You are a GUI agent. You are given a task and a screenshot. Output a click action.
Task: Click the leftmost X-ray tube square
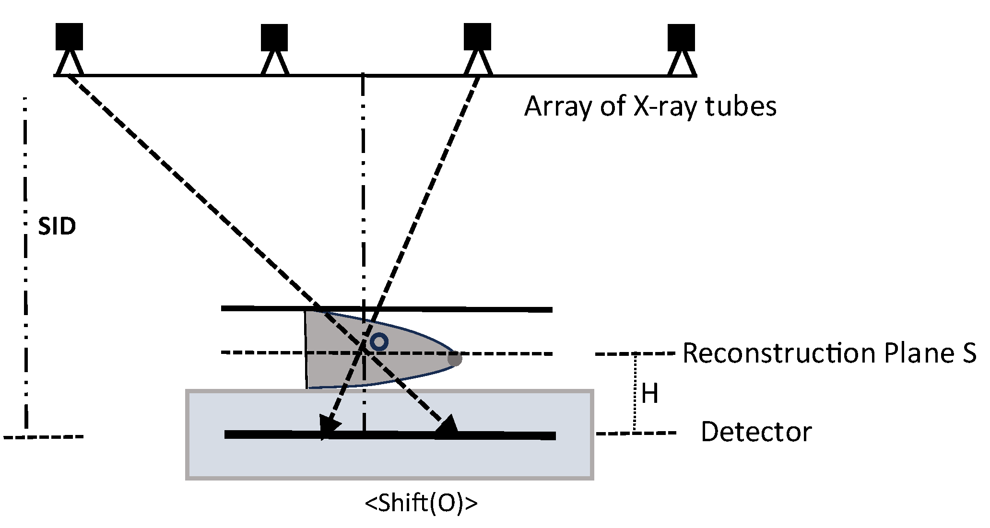pyautogui.click(x=69, y=36)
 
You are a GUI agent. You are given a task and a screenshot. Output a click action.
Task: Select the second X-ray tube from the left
pyautogui.click(x=274, y=37)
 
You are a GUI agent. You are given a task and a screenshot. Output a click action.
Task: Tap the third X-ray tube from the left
pyautogui.click(x=477, y=36)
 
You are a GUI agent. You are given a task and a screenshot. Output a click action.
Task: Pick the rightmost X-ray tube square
pyautogui.click(x=681, y=37)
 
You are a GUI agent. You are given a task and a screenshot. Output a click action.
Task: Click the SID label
pyautogui.click(x=57, y=226)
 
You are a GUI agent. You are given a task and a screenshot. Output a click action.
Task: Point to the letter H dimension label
pyautogui.click(x=649, y=394)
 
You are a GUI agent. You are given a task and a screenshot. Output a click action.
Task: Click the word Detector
pyautogui.click(x=756, y=432)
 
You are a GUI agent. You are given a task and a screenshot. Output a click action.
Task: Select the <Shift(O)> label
pyautogui.click(x=421, y=504)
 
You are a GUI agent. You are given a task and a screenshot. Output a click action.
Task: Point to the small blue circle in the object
pyautogui.click(x=379, y=342)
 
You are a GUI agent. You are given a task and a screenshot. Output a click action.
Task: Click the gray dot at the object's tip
pyautogui.click(x=454, y=358)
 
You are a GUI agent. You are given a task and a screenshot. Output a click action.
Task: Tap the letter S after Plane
pyautogui.click(x=968, y=353)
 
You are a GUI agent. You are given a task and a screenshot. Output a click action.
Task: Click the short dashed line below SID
pyautogui.click(x=43, y=437)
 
